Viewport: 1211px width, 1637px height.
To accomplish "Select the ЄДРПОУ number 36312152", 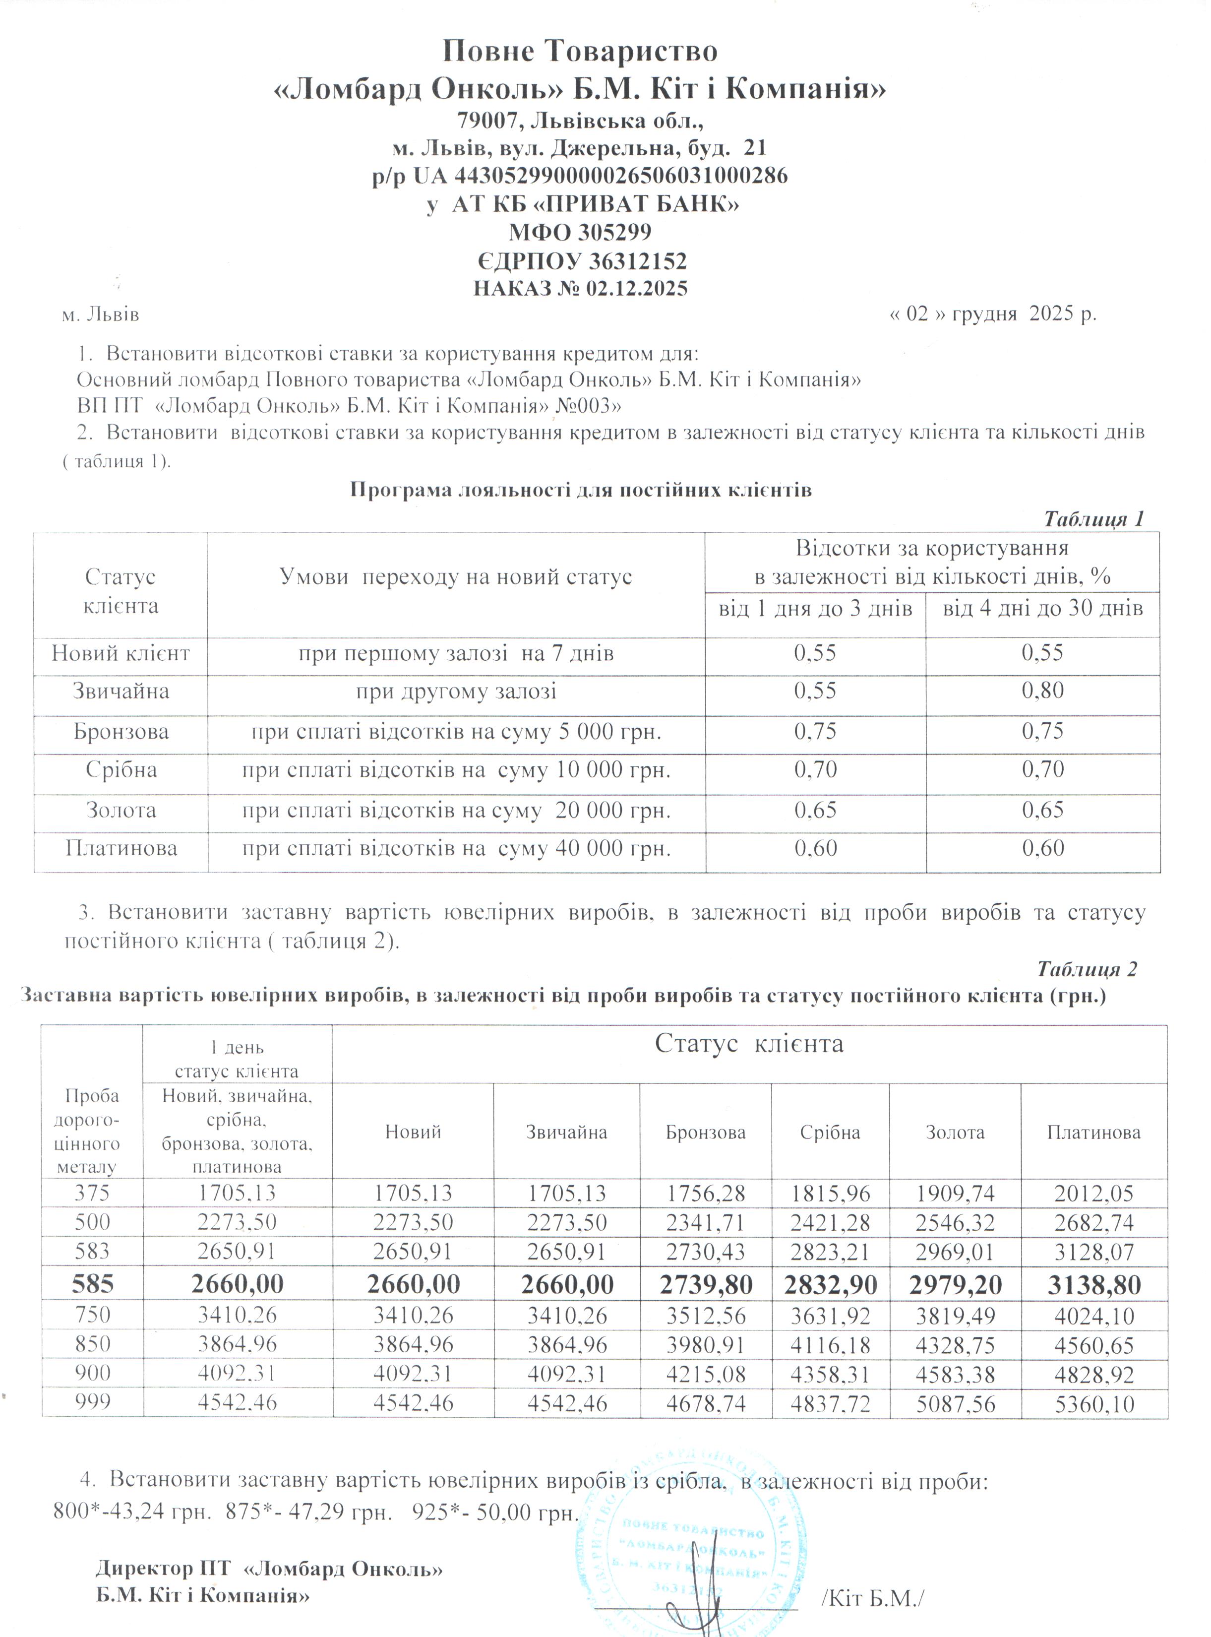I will click(x=635, y=261).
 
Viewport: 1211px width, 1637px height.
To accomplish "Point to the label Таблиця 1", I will click(x=1093, y=519).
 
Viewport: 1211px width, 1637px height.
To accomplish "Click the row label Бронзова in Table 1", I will click(x=121, y=732).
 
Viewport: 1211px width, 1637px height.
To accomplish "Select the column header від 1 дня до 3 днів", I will click(x=815, y=609).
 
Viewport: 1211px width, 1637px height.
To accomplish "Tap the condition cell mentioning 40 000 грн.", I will click(x=457, y=849).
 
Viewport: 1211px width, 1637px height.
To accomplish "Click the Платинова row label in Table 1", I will click(x=121, y=849).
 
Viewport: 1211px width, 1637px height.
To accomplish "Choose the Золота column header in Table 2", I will click(x=955, y=1133).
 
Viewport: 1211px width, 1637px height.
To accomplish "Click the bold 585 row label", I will click(x=92, y=1284).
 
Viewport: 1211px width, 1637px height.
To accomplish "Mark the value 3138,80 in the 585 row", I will click(x=1093, y=1284).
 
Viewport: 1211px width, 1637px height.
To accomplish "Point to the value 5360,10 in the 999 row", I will click(x=1093, y=1404).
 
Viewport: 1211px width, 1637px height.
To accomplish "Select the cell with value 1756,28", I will click(x=705, y=1194).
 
